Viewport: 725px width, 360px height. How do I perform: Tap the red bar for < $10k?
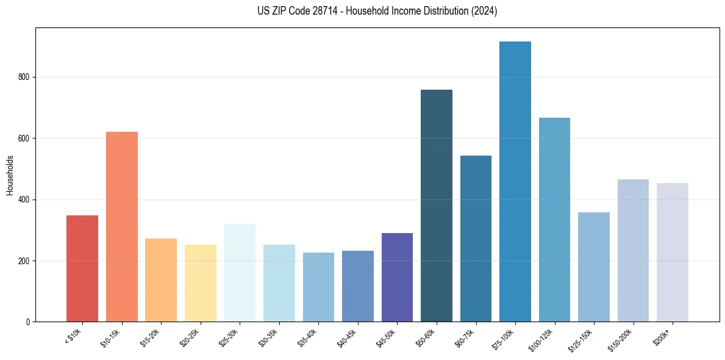pyautogui.click(x=82, y=268)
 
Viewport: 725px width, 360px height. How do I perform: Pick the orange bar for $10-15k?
pyautogui.click(x=122, y=226)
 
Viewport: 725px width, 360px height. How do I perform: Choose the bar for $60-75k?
pyautogui.click(x=476, y=239)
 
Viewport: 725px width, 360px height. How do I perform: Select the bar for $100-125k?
pyautogui.click(x=554, y=220)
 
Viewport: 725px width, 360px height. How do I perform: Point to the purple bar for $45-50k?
pyautogui.click(x=397, y=277)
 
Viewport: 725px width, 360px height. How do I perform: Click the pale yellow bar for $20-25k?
pyautogui.click(x=201, y=283)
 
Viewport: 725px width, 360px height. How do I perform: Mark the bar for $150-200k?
pyautogui.click(x=633, y=250)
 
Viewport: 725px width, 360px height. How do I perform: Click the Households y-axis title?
pyautogui.click(x=10, y=175)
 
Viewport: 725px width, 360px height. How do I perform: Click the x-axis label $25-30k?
pyautogui.click(x=229, y=337)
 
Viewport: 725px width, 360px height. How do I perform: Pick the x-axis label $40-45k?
pyautogui.click(x=348, y=337)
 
